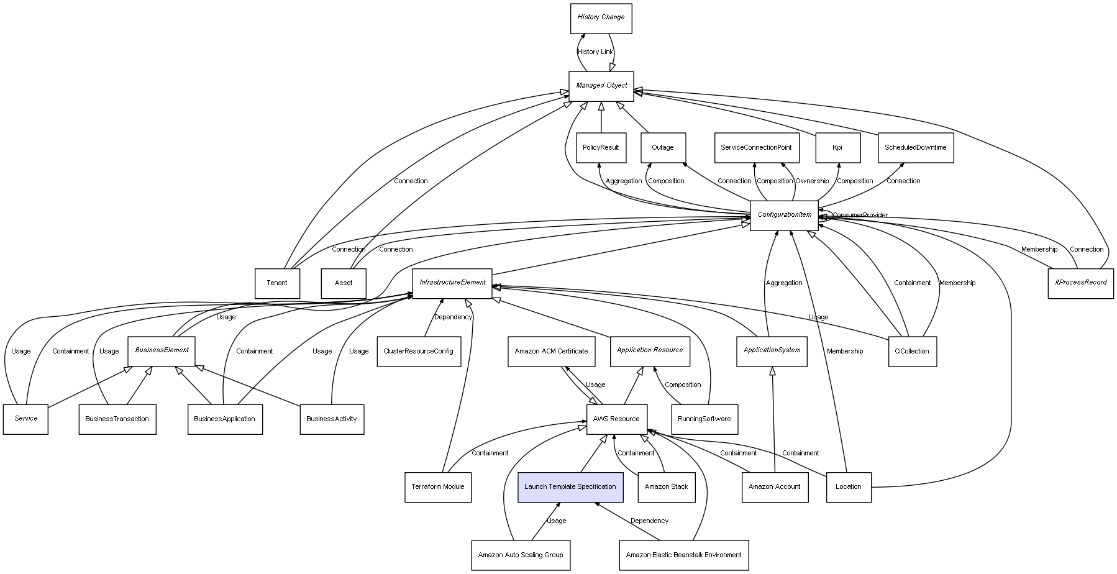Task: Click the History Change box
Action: (601, 18)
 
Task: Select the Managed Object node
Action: (601, 86)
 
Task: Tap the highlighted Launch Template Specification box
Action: (570, 487)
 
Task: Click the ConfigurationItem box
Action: (784, 216)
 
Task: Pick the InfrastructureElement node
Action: (452, 283)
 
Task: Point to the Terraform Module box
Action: (437, 487)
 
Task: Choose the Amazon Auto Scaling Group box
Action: (520, 555)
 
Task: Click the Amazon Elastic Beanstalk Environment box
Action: (683, 555)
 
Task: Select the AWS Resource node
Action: (616, 419)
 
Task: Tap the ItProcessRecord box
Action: (1080, 283)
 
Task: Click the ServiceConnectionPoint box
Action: (755, 148)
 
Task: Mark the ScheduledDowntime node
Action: (915, 148)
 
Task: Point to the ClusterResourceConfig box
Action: (418, 352)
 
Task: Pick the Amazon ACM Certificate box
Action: (551, 352)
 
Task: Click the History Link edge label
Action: (595, 52)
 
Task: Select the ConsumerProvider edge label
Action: (860, 216)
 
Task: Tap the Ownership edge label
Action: (812, 181)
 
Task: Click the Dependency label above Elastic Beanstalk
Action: (649, 521)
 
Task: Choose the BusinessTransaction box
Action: (117, 419)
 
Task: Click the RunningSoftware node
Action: (704, 419)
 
